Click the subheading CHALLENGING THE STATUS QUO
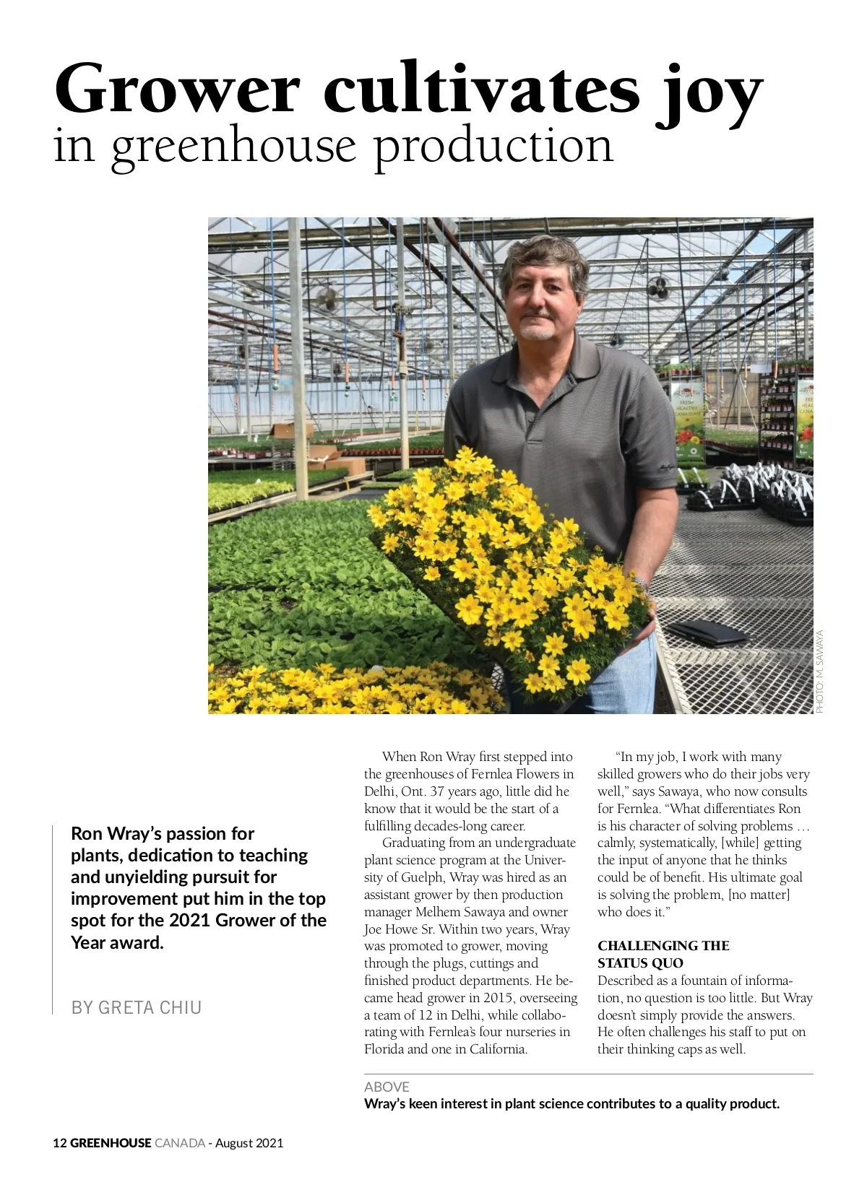tap(663, 954)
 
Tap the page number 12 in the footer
tap(60, 1143)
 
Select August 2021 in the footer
tap(249, 1143)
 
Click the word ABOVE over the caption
tap(387, 1087)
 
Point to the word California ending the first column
tap(498, 1049)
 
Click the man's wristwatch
tap(640, 581)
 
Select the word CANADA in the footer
tap(180, 1143)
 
